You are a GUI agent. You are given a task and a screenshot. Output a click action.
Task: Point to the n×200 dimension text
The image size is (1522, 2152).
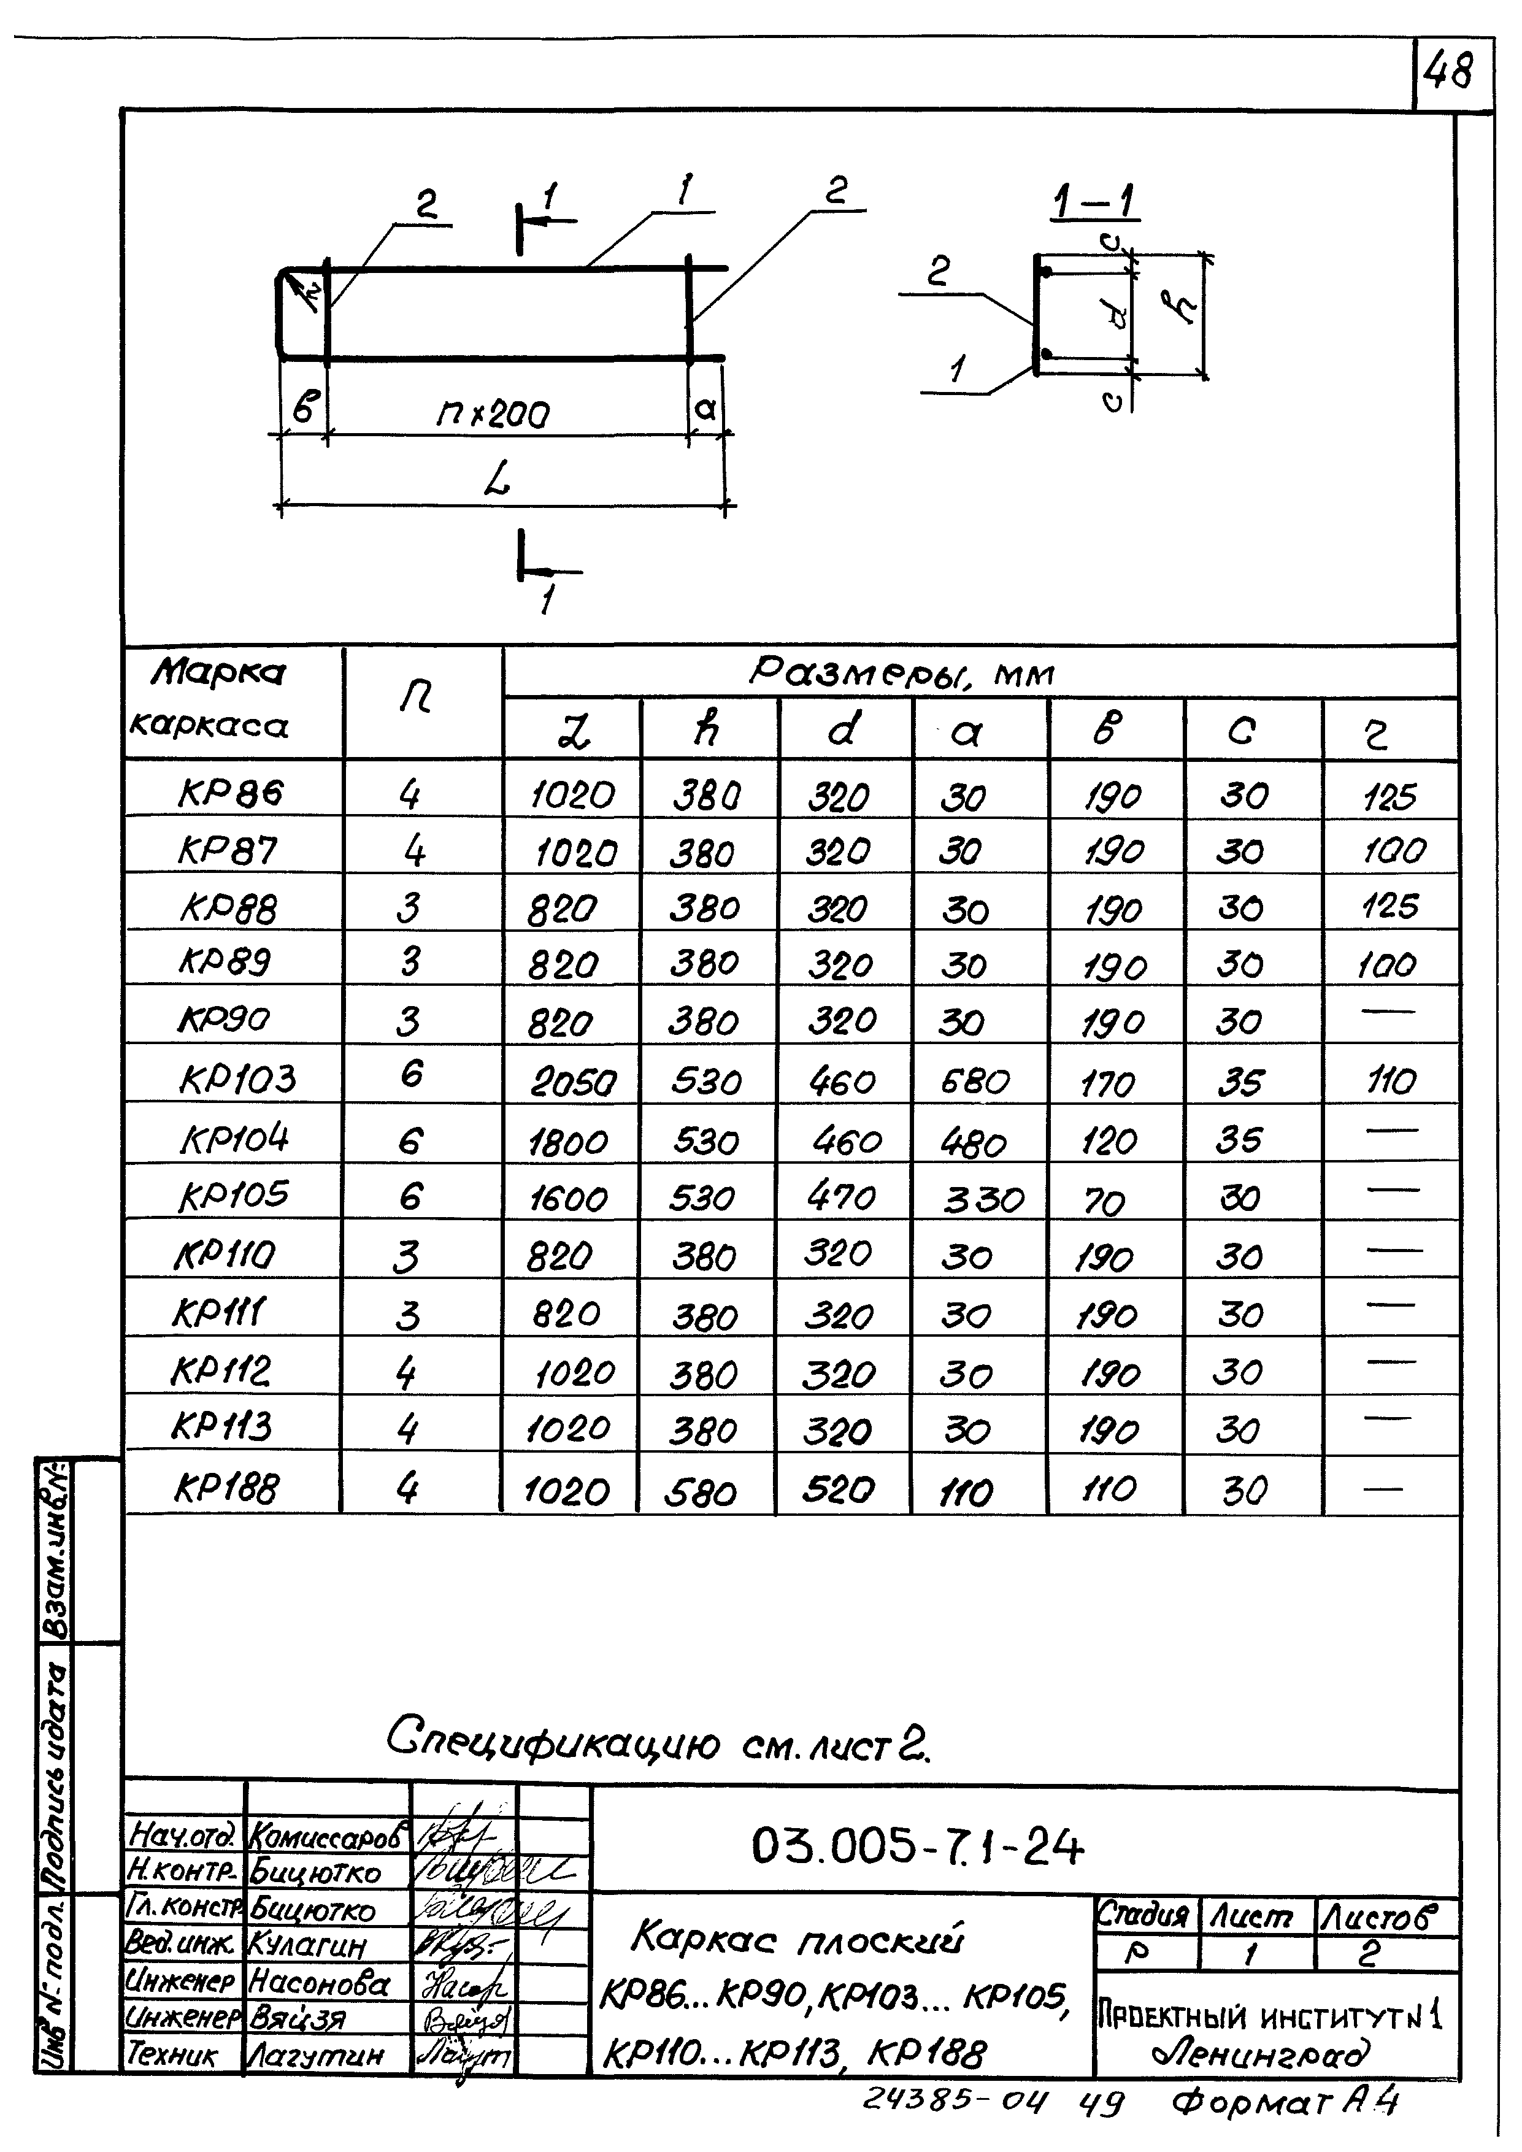pyautogui.click(x=494, y=413)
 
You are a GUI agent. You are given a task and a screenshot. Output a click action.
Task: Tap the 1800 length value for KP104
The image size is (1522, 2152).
pyautogui.click(x=568, y=1142)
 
